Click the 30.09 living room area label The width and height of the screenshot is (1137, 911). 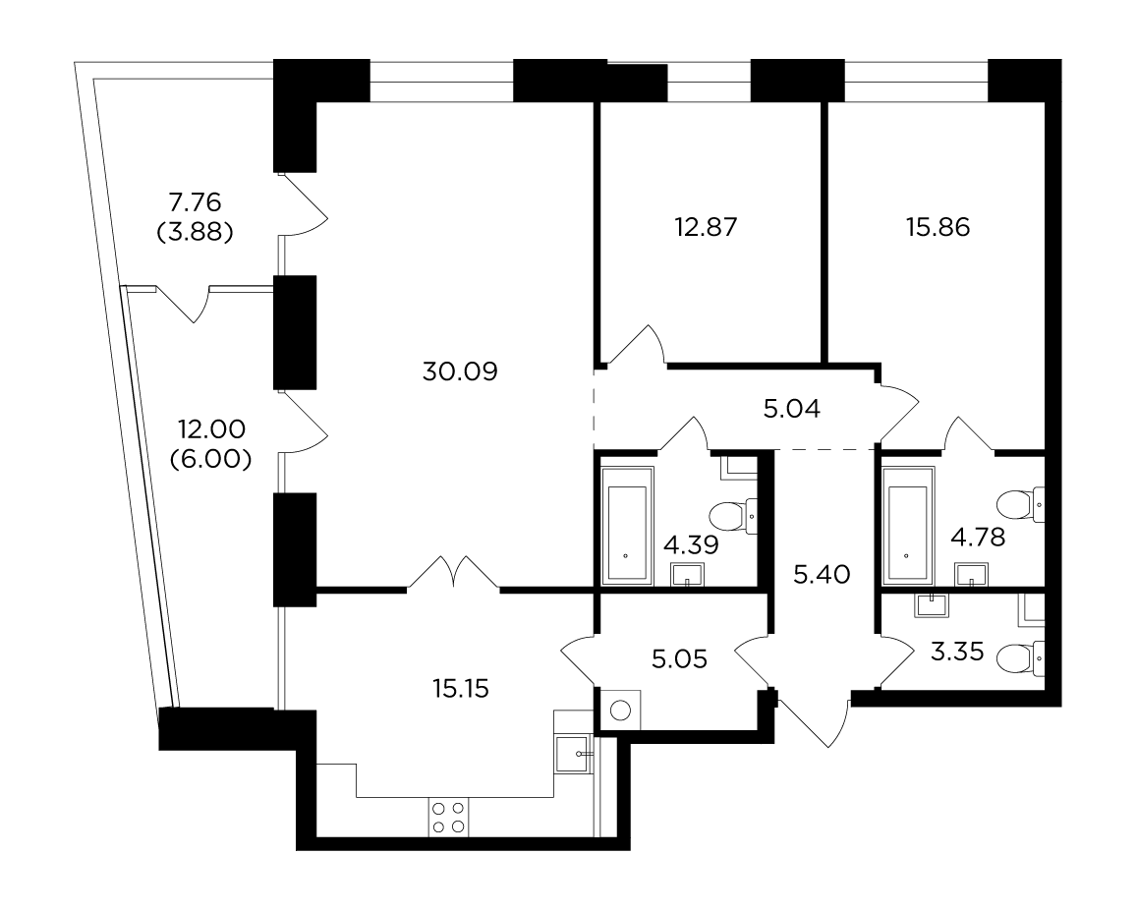[x=460, y=372]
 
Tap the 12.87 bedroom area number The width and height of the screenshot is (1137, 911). [x=706, y=228]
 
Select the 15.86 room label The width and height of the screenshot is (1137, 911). [x=938, y=228]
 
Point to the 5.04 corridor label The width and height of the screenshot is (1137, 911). [x=792, y=409]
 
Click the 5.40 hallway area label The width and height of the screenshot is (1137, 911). [x=822, y=575]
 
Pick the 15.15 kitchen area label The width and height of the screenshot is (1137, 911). [x=461, y=689]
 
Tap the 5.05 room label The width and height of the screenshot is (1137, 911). [x=679, y=659]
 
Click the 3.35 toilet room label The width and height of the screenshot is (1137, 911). [x=957, y=653]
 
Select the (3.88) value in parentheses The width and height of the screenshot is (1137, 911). [x=195, y=233]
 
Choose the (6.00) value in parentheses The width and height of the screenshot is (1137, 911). [x=211, y=459]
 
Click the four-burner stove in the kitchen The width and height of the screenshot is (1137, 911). [x=448, y=817]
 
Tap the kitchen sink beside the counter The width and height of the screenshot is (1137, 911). [x=574, y=755]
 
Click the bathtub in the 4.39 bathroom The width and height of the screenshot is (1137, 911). [x=627, y=525]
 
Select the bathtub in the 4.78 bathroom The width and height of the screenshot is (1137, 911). [x=908, y=525]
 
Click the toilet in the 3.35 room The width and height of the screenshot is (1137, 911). [x=1021, y=658]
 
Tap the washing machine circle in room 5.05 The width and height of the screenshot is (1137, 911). [x=620, y=711]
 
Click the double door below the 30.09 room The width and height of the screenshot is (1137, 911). [x=453, y=572]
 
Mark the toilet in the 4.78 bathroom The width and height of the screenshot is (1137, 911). [x=1021, y=505]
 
